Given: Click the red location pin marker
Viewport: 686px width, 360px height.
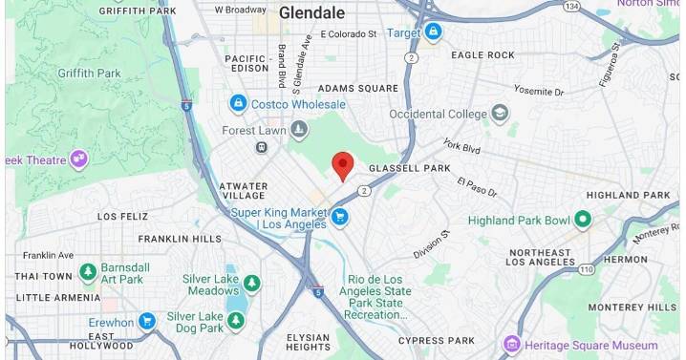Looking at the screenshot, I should pyautogui.click(x=342, y=165).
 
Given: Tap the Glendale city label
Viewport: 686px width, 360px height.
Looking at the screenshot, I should pyautogui.click(x=312, y=13).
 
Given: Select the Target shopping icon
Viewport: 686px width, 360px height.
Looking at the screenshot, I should pyautogui.click(x=434, y=32).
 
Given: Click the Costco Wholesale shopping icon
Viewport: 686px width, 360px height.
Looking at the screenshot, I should pyautogui.click(x=238, y=103).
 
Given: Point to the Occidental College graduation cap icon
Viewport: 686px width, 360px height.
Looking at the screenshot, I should pyautogui.click(x=500, y=114).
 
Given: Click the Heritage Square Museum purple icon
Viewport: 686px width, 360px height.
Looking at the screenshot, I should pyautogui.click(x=513, y=344).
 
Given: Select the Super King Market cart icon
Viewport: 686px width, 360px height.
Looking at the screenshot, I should pyautogui.click(x=340, y=218).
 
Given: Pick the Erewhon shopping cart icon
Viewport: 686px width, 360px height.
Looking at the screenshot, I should pyautogui.click(x=146, y=322).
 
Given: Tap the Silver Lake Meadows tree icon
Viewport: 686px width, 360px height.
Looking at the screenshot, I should pyautogui.click(x=251, y=284).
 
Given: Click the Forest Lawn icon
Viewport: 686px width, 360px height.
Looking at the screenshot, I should pyautogui.click(x=300, y=129).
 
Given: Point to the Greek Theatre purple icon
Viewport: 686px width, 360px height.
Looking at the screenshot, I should pyautogui.click(x=78, y=159).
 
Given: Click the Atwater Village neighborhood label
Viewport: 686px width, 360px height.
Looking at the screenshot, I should pyautogui.click(x=243, y=191).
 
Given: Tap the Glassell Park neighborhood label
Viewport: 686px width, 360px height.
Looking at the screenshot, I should pyautogui.click(x=409, y=168).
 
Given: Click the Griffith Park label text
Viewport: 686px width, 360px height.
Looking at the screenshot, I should pyautogui.click(x=88, y=73).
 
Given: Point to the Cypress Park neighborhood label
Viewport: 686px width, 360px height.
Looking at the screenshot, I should pyautogui.click(x=436, y=340).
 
